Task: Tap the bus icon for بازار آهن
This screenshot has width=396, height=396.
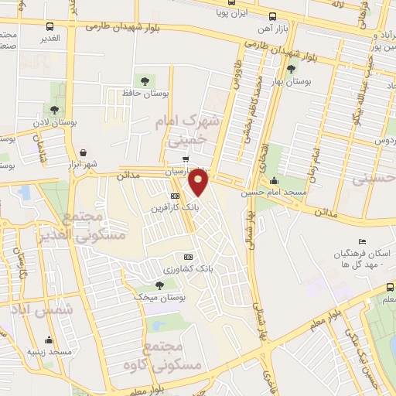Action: (272, 16)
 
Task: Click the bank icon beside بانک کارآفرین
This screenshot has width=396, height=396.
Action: (176, 196)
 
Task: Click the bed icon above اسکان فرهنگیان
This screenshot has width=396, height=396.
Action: (363, 242)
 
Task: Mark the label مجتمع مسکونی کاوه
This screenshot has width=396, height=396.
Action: (171, 353)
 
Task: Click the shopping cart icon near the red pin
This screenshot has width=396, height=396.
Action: (185, 159)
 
